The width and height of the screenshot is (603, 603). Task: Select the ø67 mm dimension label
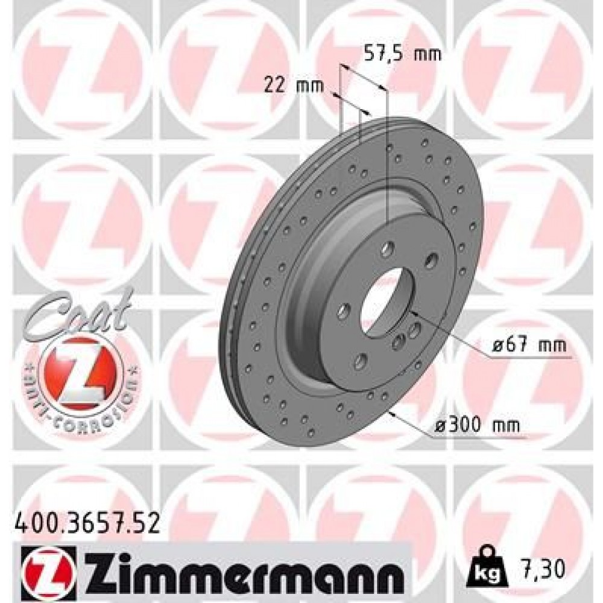coord(528,346)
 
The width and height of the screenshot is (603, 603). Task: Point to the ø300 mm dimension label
coord(477,425)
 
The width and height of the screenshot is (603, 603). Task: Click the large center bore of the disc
coord(385,301)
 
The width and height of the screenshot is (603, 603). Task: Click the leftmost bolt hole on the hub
coord(343,310)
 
